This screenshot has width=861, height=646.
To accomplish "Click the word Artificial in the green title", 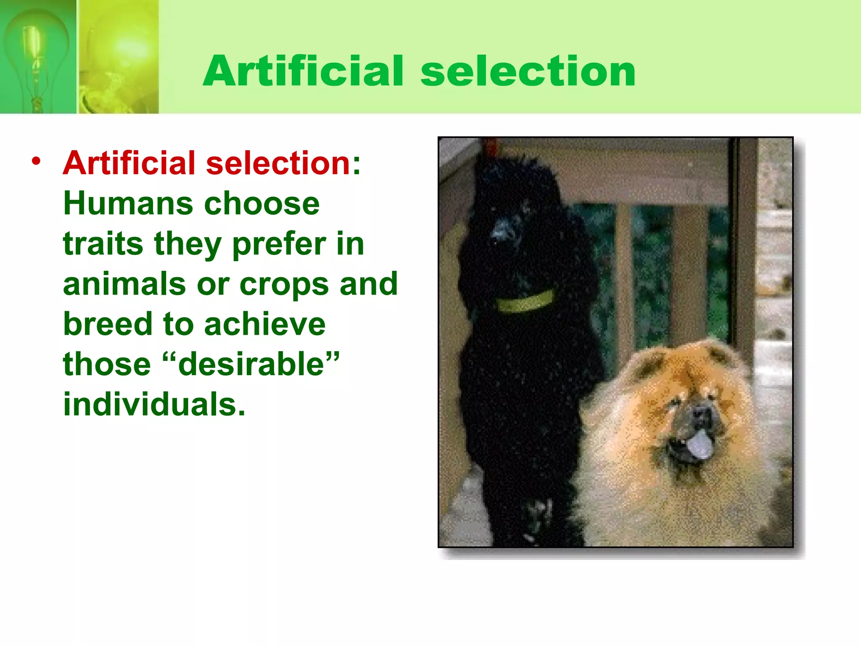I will pyautogui.click(x=303, y=71).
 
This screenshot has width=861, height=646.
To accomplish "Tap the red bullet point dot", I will pyautogui.click(x=37, y=161).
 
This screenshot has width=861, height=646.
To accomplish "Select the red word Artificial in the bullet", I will pyautogui.click(x=129, y=163).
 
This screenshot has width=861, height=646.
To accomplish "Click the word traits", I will pyautogui.click(x=103, y=244).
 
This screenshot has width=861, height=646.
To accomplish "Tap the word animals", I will pyautogui.click(x=124, y=284).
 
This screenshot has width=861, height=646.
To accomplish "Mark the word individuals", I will pyautogui.click(x=154, y=405).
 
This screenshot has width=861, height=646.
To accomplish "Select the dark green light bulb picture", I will pyautogui.click(x=38, y=57).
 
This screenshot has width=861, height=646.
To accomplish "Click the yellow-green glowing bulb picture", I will pyautogui.click(x=119, y=57).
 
